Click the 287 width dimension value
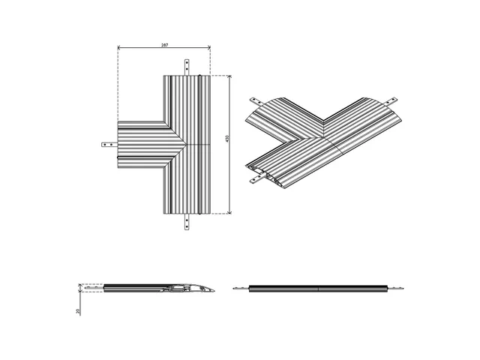pos(164,46)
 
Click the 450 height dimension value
pos(226,140)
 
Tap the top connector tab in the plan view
pos(187,67)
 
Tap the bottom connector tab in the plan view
pos(187,223)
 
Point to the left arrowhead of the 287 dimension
pos(120,50)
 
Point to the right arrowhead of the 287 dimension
pos(208,50)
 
